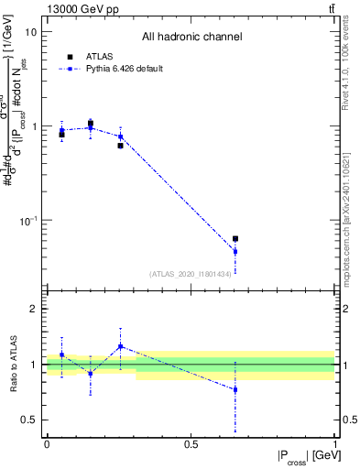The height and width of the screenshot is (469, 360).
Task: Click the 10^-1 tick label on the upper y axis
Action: pos(27,221)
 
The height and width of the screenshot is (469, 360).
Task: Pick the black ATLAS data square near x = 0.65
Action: pos(235,239)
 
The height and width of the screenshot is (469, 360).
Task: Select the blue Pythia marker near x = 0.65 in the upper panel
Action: pos(235,251)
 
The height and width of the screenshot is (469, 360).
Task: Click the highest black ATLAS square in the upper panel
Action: pos(91,123)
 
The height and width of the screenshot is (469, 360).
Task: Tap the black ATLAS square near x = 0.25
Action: pos(120,146)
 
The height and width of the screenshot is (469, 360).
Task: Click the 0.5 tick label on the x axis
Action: pos(191,444)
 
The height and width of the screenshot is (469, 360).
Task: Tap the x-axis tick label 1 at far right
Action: pos(336,444)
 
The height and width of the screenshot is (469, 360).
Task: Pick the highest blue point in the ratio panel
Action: pos(120,346)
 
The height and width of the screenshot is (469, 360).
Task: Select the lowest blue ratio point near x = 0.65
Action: pos(235,389)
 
